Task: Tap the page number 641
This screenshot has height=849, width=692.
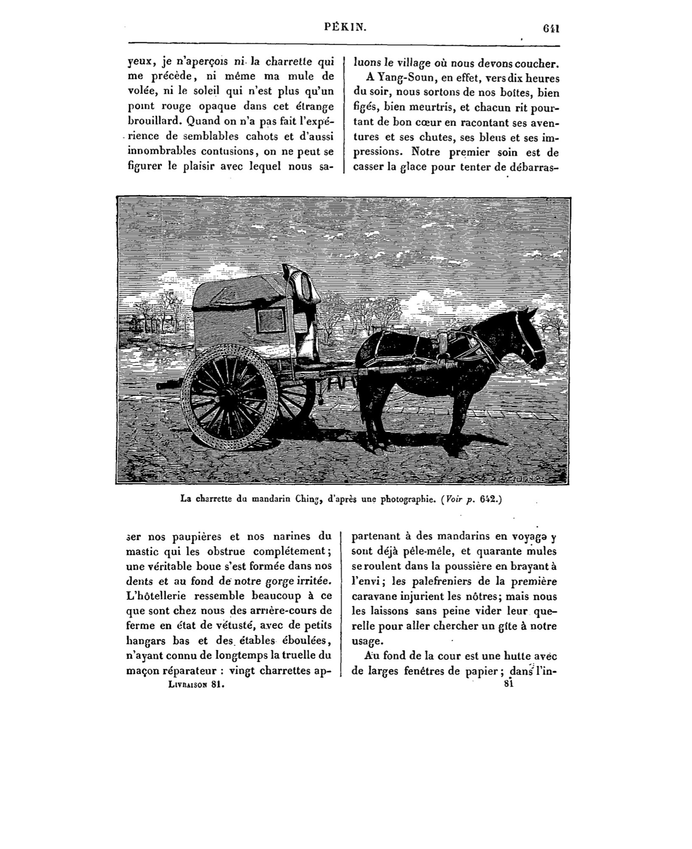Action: pos(551,28)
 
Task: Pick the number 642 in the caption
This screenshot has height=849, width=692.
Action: pos(489,500)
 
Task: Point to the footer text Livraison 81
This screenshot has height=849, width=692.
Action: pos(196,685)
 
